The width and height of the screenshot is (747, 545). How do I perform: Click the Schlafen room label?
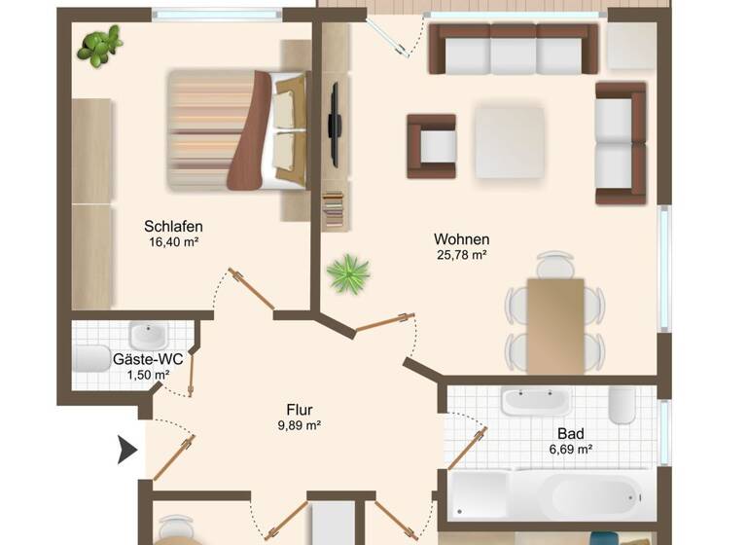[x=173, y=227]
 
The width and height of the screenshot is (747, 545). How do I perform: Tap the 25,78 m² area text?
[x=461, y=255]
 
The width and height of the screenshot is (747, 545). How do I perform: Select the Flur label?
[x=299, y=409]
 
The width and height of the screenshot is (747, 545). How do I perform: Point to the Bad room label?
[x=570, y=433]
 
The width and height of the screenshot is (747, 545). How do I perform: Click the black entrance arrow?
[x=126, y=450]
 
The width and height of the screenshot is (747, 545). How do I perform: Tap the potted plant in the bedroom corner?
[x=100, y=45]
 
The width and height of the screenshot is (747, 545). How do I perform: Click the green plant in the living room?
[x=347, y=273]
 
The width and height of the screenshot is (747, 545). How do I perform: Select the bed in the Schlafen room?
[x=238, y=129]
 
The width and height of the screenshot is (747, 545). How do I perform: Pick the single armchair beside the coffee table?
[x=431, y=146]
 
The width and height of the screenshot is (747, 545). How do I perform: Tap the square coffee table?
[x=509, y=142]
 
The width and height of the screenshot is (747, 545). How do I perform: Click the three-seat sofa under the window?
[x=514, y=49]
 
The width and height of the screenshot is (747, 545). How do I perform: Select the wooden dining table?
[x=555, y=325]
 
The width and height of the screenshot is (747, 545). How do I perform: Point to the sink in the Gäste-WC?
[x=148, y=336]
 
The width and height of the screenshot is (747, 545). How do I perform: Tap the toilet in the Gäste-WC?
[x=91, y=358]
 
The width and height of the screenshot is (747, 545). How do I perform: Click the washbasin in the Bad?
[x=535, y=401]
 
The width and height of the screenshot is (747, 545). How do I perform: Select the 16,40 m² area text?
[x=173, y=242]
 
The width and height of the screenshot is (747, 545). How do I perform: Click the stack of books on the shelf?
[x=334, y=209]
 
